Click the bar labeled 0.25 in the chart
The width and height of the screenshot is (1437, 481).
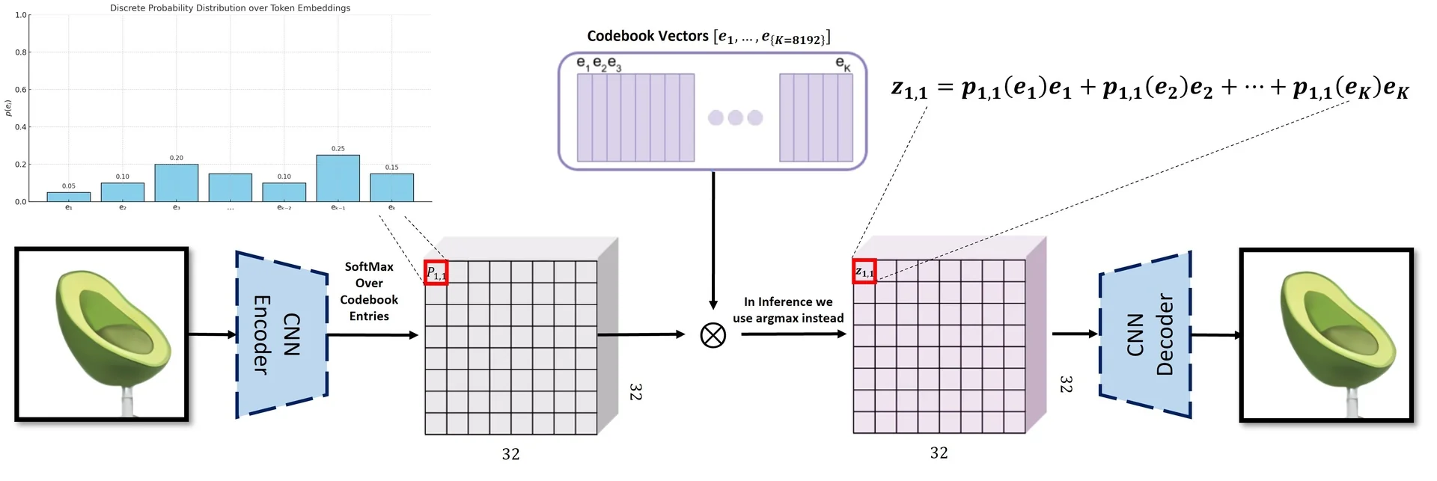click(338, 178)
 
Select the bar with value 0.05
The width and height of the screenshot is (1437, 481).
click(69, 197)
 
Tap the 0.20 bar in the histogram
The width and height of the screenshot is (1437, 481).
click(177, 183)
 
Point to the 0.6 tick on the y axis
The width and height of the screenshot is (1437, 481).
click(20, 90)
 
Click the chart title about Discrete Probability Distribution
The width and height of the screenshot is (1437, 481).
click(230, 8)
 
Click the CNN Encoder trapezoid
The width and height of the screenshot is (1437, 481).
click(281, 334)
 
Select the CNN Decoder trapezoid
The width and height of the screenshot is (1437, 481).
click(1145, 334)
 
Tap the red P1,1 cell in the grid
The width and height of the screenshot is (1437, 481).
click(436, 272)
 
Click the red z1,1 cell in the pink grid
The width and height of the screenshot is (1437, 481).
click(864, 272)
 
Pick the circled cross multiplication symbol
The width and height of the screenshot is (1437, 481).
click(713, 335)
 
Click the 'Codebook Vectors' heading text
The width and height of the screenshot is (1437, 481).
click(647, 36)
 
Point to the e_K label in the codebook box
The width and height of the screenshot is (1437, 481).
click(843, 64)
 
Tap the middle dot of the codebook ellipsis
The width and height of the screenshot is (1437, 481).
click(735, 117)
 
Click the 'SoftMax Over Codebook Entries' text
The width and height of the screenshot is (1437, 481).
click(369, 291)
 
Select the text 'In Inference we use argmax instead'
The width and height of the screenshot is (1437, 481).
click(788, 310)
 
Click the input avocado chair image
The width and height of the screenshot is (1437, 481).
click(102, 334)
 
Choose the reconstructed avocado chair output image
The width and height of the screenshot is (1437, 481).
click(1326, 335)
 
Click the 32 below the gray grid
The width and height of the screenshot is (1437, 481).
click(510, 454)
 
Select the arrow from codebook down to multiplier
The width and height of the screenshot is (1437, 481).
click(713, 239)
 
